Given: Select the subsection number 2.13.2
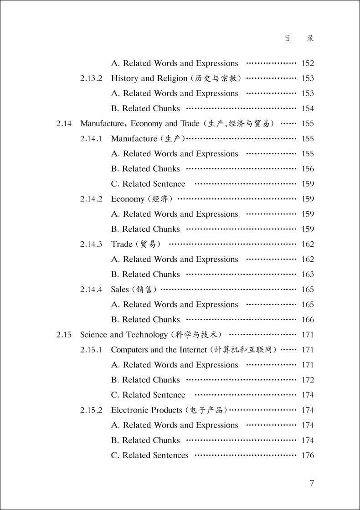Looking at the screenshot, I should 92,78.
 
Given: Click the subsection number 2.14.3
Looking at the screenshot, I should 92,245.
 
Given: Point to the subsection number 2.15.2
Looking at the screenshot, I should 92,410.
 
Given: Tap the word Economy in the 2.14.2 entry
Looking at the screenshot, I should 128,199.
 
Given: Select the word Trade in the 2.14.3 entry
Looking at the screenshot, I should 122,245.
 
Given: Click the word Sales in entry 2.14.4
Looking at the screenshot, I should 120,290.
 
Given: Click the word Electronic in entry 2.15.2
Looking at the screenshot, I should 130,410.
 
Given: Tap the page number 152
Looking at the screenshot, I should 308,64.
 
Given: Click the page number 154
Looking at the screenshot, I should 308,109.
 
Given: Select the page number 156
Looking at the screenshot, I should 308,169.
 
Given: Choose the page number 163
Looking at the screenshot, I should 308,275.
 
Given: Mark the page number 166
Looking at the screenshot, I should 308,320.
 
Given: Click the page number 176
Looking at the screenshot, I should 308,455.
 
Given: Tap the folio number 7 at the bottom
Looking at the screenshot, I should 312,483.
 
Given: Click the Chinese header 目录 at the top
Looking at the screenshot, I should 299,39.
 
